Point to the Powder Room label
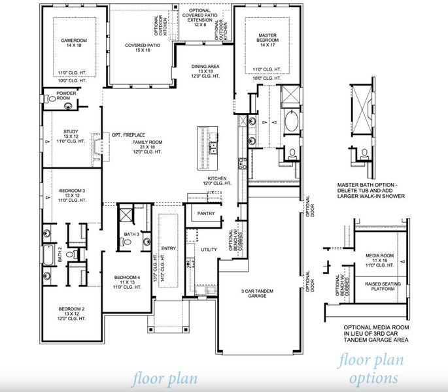coord(67,96)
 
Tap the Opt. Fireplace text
coord(129,134)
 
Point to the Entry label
coord(169,248)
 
